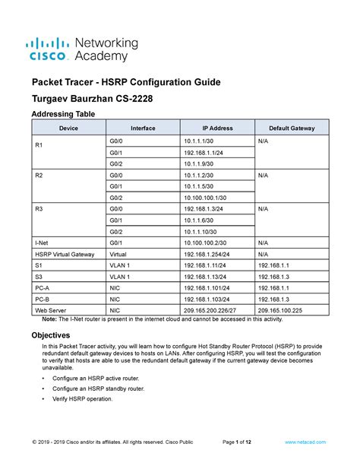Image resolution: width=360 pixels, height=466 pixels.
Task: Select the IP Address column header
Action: coord(216,128)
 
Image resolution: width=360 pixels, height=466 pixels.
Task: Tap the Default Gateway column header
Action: coord(291,128)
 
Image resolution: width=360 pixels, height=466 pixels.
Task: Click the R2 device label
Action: coord(39,175)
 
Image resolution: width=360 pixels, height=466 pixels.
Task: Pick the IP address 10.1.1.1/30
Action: coord(200,141)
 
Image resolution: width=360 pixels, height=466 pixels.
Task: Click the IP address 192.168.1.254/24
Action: coord(207,254)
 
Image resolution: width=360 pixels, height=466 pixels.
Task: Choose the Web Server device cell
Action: coord(50,310)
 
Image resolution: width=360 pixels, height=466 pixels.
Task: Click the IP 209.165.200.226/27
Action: coord(210,310)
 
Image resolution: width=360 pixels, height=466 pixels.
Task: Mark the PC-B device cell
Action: coord(43,300)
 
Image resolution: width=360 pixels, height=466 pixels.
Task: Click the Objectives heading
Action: coord(52,335)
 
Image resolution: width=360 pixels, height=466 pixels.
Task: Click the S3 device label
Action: coord(39,277)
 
